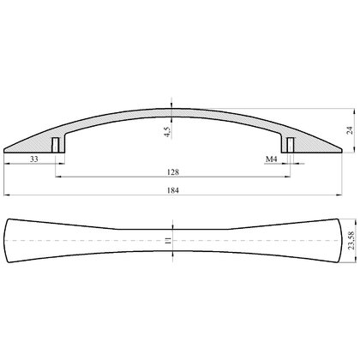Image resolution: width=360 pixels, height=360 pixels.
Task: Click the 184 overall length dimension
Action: click(173, 190)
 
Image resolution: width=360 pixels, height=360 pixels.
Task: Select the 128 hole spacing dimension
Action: click(173, 172)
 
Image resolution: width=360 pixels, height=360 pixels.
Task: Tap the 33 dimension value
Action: click(34, 159)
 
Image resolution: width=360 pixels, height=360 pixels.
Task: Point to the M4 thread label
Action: click(272, 159)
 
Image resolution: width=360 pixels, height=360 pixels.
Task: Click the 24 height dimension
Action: click(350, 130)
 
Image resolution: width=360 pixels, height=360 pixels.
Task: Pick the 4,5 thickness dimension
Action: click(167, 131)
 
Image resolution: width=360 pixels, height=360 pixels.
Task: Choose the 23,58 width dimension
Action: click(351, 241)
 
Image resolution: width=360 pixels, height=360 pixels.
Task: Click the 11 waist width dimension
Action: click(168, 241)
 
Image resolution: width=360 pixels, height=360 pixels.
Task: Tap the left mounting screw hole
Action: click(55, 145)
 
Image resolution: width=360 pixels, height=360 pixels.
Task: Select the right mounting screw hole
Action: click(291, 145)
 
